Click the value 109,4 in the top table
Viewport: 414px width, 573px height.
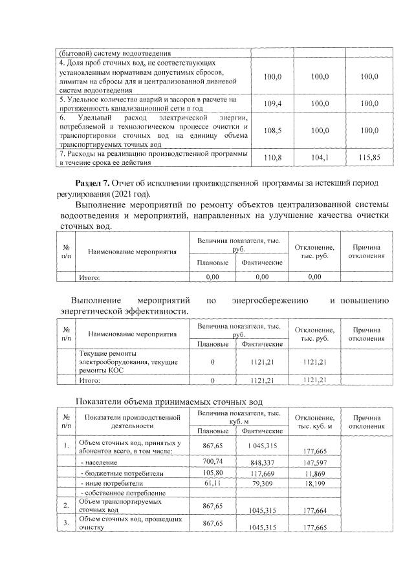[274, 103]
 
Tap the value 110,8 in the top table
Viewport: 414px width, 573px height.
[274, 157]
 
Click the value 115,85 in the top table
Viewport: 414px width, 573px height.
[369, 157]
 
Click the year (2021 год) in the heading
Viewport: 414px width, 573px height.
[131, 193]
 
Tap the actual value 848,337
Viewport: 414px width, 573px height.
[261, 464]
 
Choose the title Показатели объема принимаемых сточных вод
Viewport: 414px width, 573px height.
[169, 402]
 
